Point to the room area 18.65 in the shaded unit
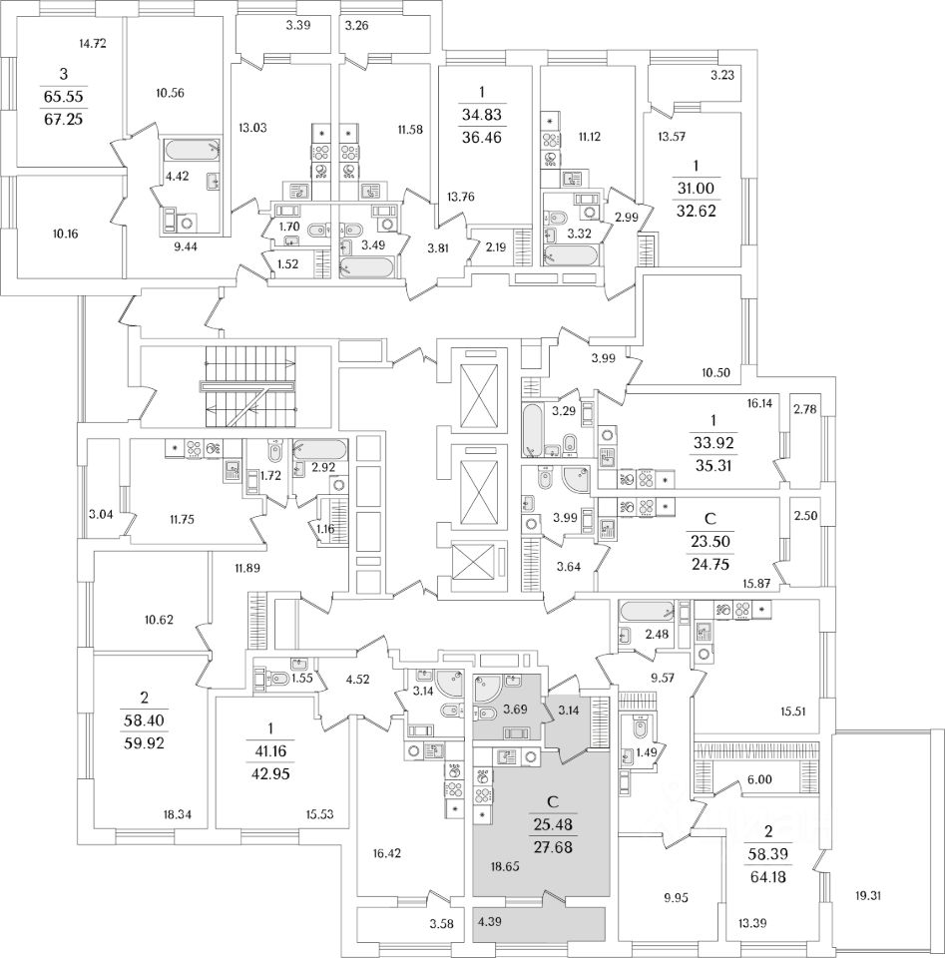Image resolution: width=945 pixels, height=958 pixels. pyautogui.click(x=505, y=866)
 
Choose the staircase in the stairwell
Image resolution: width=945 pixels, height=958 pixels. pyautogui.click(x=249, y=387)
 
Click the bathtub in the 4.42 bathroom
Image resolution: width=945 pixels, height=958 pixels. pyautogui.click(x=192, y=149)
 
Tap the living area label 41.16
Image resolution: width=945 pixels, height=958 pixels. pyautogui.click(x=269, y=750)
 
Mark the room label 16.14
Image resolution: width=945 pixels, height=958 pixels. pyautogui.click(x=758, y=402)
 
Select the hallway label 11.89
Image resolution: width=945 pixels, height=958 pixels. pyautogui.click(x=247, y=568)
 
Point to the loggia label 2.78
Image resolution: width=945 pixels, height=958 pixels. pyautogui.click(x=804, y=408)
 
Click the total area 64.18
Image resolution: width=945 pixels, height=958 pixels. pyautogui.click(x=768, y=877)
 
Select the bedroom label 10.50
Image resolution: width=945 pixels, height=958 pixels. pyautogui.click(x=715, y=372)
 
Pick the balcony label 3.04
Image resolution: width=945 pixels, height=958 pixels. pyautogui.click(x=101, y=514)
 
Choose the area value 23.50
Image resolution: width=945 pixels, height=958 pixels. pyautogui.click(x=710, y=541)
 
